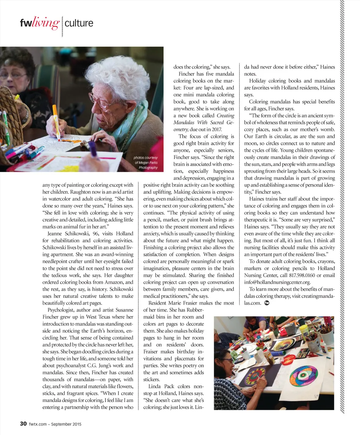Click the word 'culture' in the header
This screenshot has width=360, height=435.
tap(79, 23)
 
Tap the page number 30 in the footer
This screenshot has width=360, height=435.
tap(23, 424)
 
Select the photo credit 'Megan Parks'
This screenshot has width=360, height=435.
tap(146, 162)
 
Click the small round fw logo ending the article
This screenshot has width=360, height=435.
tap(266, 303)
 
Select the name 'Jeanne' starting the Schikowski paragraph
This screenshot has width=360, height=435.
tap(55, 234)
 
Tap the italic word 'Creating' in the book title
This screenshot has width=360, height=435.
tap(225, 115)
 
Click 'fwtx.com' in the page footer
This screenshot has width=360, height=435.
tap(38, 424)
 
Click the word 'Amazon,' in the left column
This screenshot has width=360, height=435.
tap(115, 282)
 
